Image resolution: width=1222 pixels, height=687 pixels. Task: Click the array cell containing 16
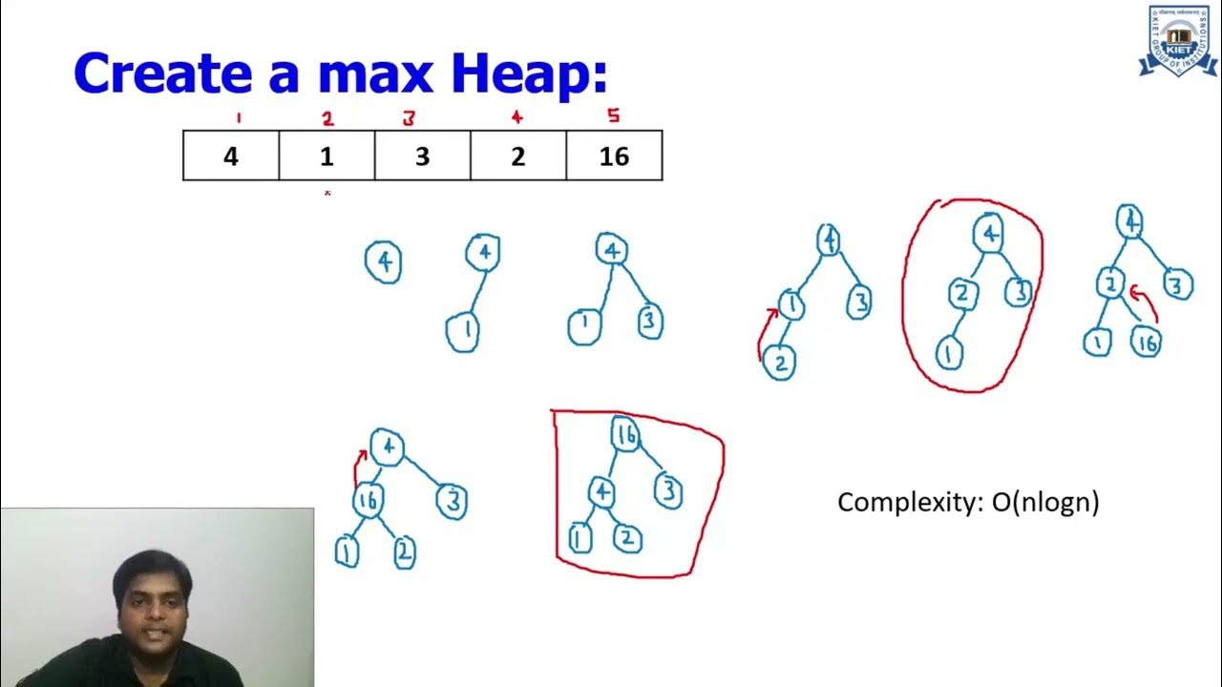click(614, 156)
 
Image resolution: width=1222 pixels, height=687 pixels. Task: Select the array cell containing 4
click(231, 156)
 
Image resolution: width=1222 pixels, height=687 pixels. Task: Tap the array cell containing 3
click(422, 156)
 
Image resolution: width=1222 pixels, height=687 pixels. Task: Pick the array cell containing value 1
click(327, 156)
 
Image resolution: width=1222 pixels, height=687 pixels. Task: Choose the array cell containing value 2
click(517, 156)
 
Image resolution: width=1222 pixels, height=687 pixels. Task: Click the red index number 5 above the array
click(613, 116)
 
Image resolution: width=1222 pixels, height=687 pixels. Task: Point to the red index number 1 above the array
click(238, 118)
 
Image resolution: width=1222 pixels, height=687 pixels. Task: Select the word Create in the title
click(164, 73)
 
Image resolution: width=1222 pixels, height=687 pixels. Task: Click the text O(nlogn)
click(1044, 502)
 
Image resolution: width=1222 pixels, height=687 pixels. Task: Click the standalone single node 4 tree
click(384, 261)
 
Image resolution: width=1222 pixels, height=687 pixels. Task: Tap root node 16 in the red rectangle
click(624, 436)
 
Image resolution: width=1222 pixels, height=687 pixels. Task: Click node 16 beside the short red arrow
click(1146, 341)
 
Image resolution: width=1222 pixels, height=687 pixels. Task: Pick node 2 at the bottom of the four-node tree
click(780, 363)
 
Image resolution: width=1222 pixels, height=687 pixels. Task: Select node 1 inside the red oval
click(949, 353)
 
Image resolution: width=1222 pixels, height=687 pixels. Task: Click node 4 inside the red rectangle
click(600, 492)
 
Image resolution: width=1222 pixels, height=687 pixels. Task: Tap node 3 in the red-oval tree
click(1020, 292)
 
